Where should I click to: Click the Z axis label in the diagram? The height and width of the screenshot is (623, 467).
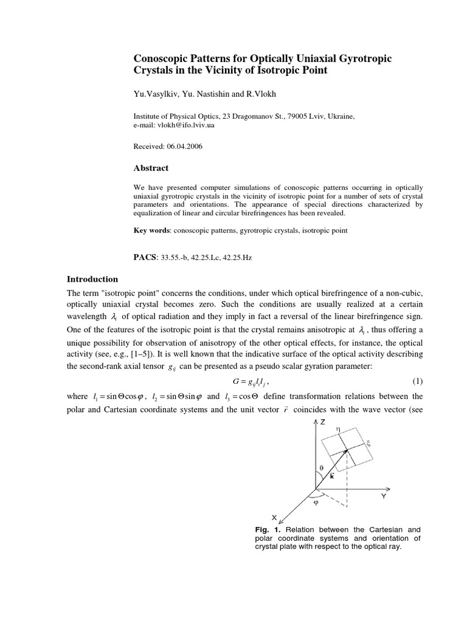pyautogui.click(x=323, y=422)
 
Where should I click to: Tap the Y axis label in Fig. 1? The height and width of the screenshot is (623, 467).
pyautogui.click(x=384, y=497)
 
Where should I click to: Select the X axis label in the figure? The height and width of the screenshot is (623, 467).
pyautogui.click(x=274, y=517)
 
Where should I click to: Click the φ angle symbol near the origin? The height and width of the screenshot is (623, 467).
pyautogui.click(x=315, y=503)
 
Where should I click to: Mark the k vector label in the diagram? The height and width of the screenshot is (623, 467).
pyautogui.click(x=331, y=477)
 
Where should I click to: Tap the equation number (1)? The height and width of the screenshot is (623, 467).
pyautogui.click(x=418, y=381)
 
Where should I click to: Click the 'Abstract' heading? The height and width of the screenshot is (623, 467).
pyautogui.click(x=151, y=168)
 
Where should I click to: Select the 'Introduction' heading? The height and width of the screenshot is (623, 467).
pyautogui.click(x=92, y=279)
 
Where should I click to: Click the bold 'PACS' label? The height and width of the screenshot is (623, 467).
pyautogui.click(x=145, y=257)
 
